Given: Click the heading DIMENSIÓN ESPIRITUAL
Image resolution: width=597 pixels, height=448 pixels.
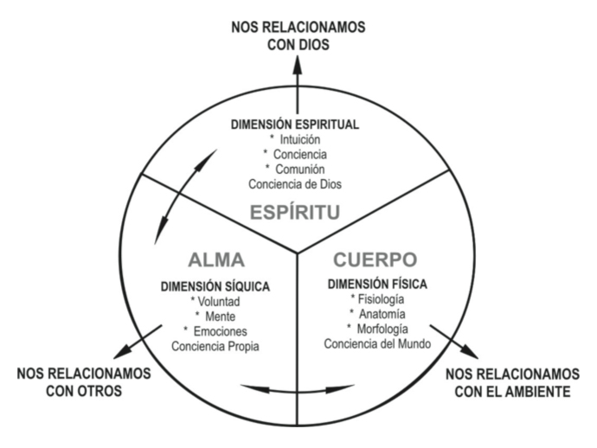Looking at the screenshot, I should coord(297,125).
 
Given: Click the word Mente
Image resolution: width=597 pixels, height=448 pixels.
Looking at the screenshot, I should coord(214,317).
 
